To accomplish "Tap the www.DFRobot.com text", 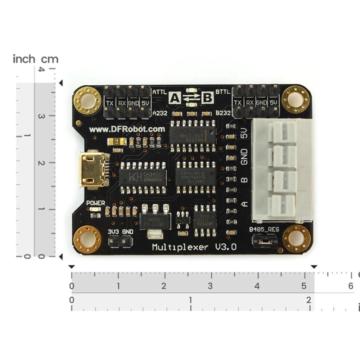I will click(x=127, y=129).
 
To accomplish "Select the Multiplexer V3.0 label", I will click(x=194, y=247).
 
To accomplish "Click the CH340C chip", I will click(x=143, y=177).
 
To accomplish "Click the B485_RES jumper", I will click(x=265, y=242).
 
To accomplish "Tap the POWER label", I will click(x=96, y=203).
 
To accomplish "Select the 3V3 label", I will click(x=114, y=231).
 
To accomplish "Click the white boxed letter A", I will click(x=175, y=98).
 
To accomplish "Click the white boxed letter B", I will click(x=207, y=98).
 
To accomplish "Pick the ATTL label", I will click(x=159, y=92).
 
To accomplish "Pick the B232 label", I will click(x=223, y=113).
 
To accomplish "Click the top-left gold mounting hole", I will click(x=87, y=99).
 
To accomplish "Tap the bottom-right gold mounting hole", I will click(x=296, y=238).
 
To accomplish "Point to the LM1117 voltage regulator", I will click(x=155, y=219).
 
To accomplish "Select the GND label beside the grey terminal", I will click(x=244, y=156).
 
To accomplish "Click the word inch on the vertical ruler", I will click(x=24, y=59).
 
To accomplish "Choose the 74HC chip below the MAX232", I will click(x=195, y=177).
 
